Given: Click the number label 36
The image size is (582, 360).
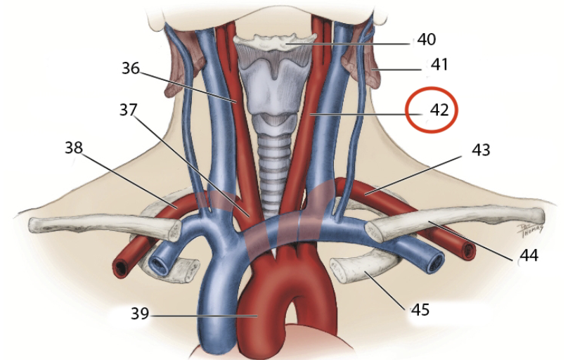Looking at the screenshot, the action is tap(130, 69).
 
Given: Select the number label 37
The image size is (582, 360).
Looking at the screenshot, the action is tap(128, 110).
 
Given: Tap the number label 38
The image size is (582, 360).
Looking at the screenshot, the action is tap(75, 148).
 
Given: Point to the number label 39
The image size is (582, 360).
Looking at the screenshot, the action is tap(140, 314).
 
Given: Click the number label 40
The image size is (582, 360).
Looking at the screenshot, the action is tap(426, 39).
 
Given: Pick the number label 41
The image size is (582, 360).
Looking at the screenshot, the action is tap(439, 65).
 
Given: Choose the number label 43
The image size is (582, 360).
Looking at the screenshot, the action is tap(481, 150).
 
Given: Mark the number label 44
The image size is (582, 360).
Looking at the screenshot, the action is tap(528, 256).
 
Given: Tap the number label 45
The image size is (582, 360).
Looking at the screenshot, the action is tap(420, 309).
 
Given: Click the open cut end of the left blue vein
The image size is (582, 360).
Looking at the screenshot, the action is tap(160, 266).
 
